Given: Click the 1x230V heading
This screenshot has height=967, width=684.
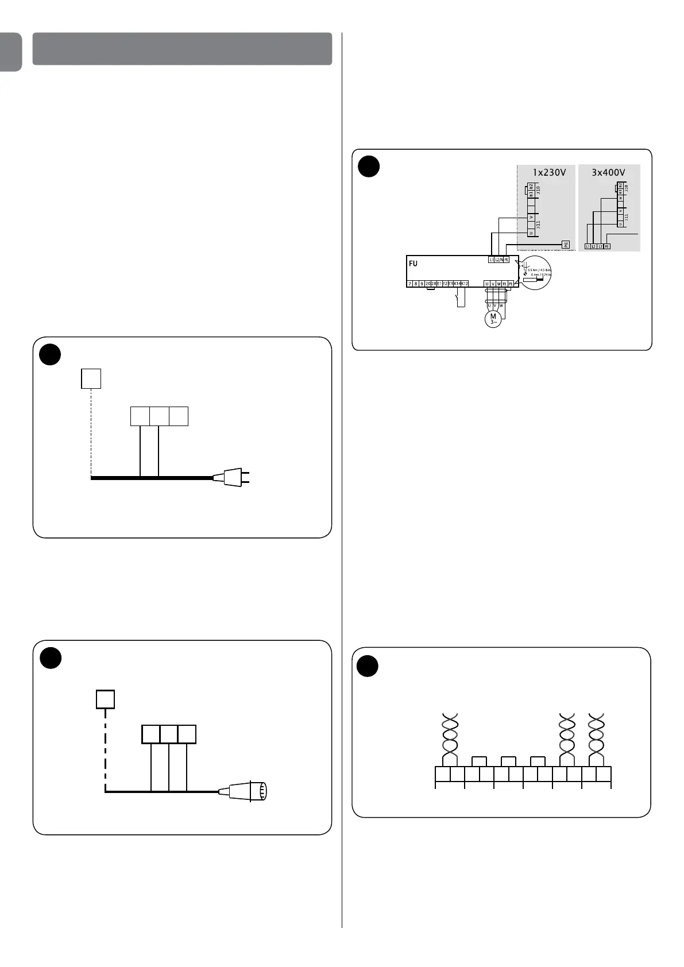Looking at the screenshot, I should [x=550, y=172].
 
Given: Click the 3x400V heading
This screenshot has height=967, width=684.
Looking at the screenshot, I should [x=608, y=172].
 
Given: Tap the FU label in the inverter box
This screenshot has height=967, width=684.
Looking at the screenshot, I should [x=413, y=264].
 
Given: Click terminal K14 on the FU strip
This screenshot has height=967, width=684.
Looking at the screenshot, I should [x=458, y=284].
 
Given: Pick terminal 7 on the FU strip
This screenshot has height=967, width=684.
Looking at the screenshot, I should [x=409, y=284].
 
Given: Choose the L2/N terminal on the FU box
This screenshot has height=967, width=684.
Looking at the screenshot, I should [x=498, y=260].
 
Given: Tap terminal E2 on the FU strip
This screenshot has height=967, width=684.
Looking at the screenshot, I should [x=445, y=284].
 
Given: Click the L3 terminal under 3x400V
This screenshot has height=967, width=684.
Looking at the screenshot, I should [x=600, y=246].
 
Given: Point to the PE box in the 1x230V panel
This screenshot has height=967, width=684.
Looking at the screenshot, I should [x=565, y=245].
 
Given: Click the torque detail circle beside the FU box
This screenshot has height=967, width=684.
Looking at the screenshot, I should [x=535, y=273].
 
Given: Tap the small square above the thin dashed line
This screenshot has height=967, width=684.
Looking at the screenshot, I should [x=91, y=378].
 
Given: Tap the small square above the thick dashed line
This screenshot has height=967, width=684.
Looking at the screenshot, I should [x=105, y=699].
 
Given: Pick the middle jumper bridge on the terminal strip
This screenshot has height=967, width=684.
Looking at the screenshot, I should [x=508, y=761].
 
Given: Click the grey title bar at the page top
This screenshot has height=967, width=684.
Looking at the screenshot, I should [x=182, y=49].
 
